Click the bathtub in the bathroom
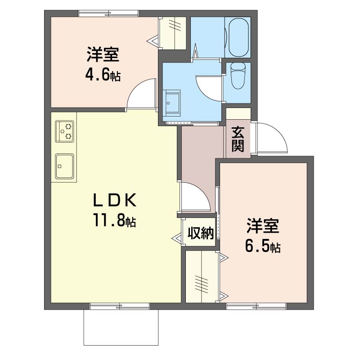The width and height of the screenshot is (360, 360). coord(239,37)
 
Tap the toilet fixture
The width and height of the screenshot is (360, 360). coord(238,76)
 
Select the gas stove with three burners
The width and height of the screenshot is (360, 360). coord(64,131)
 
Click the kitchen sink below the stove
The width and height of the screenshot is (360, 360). coord(64,166)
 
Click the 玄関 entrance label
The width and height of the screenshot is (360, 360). coord(238,139)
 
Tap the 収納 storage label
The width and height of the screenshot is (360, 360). coord(200,233)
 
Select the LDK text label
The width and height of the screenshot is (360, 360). coord(114,200)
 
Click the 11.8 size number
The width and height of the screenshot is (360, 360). coord(109,220)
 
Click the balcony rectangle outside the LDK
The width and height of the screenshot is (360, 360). coord(121,327)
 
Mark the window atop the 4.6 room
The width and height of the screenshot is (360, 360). coord(108,13)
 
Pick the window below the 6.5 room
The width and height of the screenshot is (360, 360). coord(256,306)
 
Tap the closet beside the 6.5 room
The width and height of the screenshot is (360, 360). coord(202,277)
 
